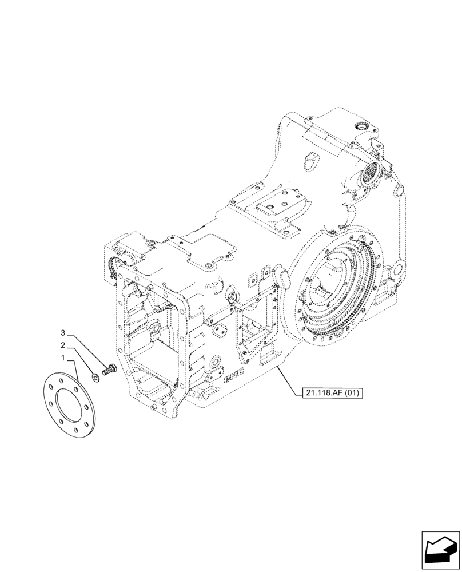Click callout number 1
(64, 357)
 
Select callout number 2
(64, 345)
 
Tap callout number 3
(64, 332)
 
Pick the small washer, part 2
(94, 377)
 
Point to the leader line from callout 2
(80, 360)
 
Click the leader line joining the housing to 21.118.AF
(289, 380)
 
